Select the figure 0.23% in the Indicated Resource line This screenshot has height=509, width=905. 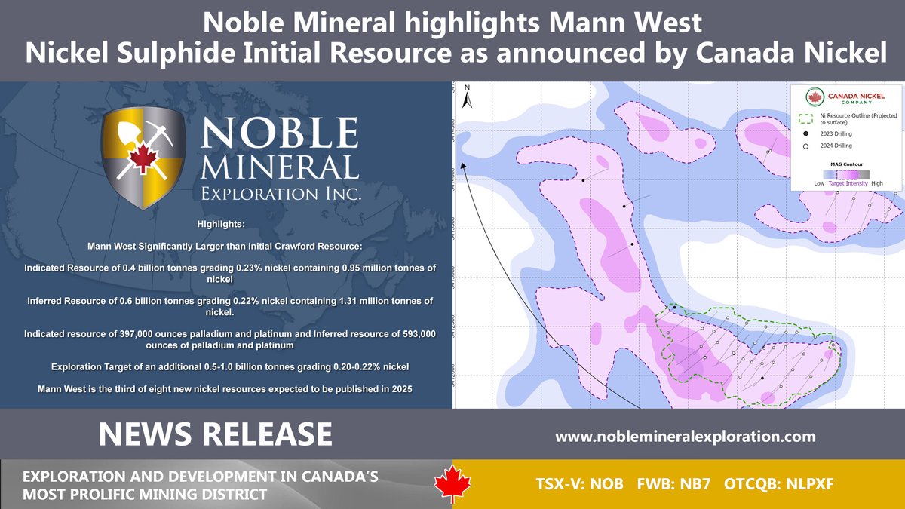click(x=225, y=268)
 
